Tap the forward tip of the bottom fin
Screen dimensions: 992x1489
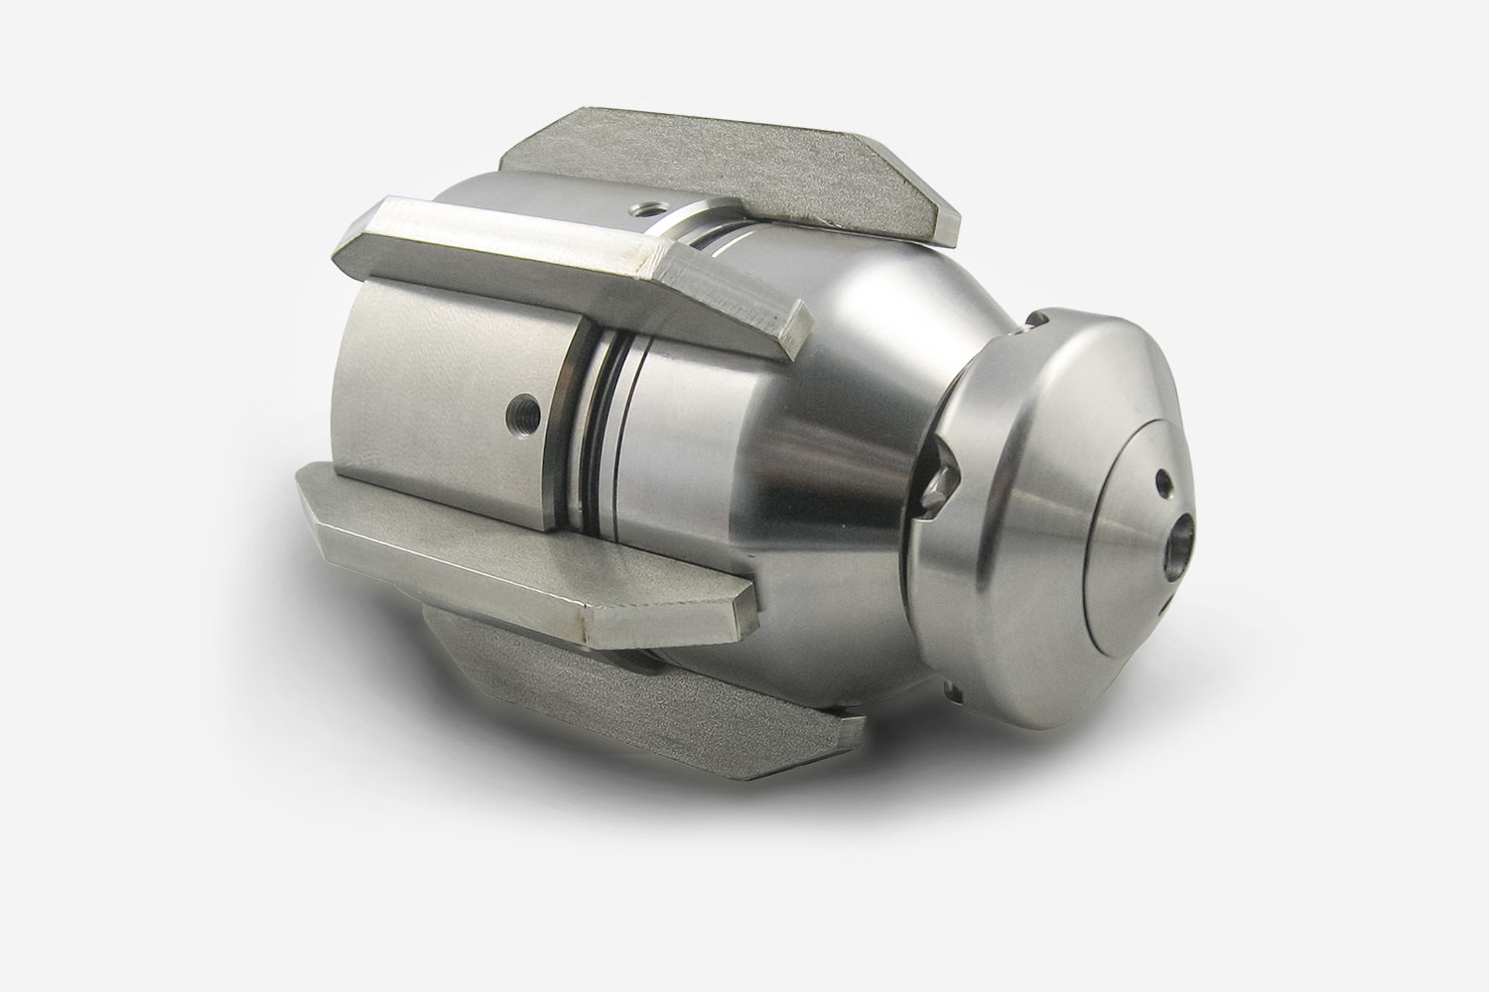pyautogui.click(x=844, y=734)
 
